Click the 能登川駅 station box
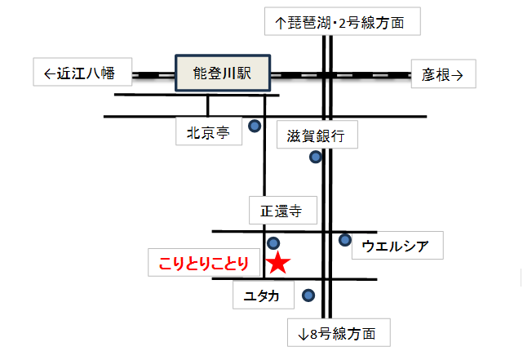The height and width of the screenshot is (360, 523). point(223,73)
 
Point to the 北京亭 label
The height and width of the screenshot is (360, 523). point(209,132)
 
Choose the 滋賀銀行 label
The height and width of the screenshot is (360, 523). point(317,135)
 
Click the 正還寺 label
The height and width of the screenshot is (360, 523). point(281,211)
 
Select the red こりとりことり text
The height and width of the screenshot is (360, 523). point(204,264)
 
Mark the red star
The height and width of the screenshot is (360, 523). point(279,263)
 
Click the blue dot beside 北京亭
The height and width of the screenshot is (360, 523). point(255,126)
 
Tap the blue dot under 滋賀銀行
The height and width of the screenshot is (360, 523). point(316,156)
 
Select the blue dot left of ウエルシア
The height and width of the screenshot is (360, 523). point(345,240)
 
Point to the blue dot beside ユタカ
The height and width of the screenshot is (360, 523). point(308,296)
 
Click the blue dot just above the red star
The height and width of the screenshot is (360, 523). point(273,242)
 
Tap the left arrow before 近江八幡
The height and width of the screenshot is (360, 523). point(48,73)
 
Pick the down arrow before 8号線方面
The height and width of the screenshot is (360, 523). point(303,333)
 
